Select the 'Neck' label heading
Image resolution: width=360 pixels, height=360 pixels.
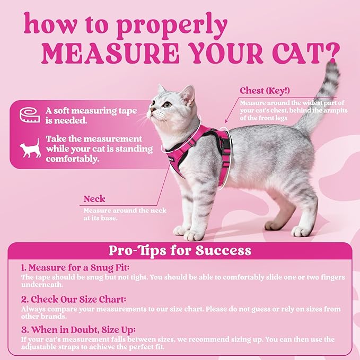pyautogui.click(x=94, y=199)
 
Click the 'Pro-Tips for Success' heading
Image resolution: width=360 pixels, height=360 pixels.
pyautogui.click(x=180, y=250)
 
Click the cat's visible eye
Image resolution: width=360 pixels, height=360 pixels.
pyautogui.click(x=168, y=104)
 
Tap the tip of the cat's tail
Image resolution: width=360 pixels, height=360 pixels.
pyautogui.click(x=332, y=66)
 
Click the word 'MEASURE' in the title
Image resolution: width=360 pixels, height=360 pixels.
pyautogui.click(x=98, y=53)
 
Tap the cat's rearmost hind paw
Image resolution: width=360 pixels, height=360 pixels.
pyautogui.click(x=302, y=231)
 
